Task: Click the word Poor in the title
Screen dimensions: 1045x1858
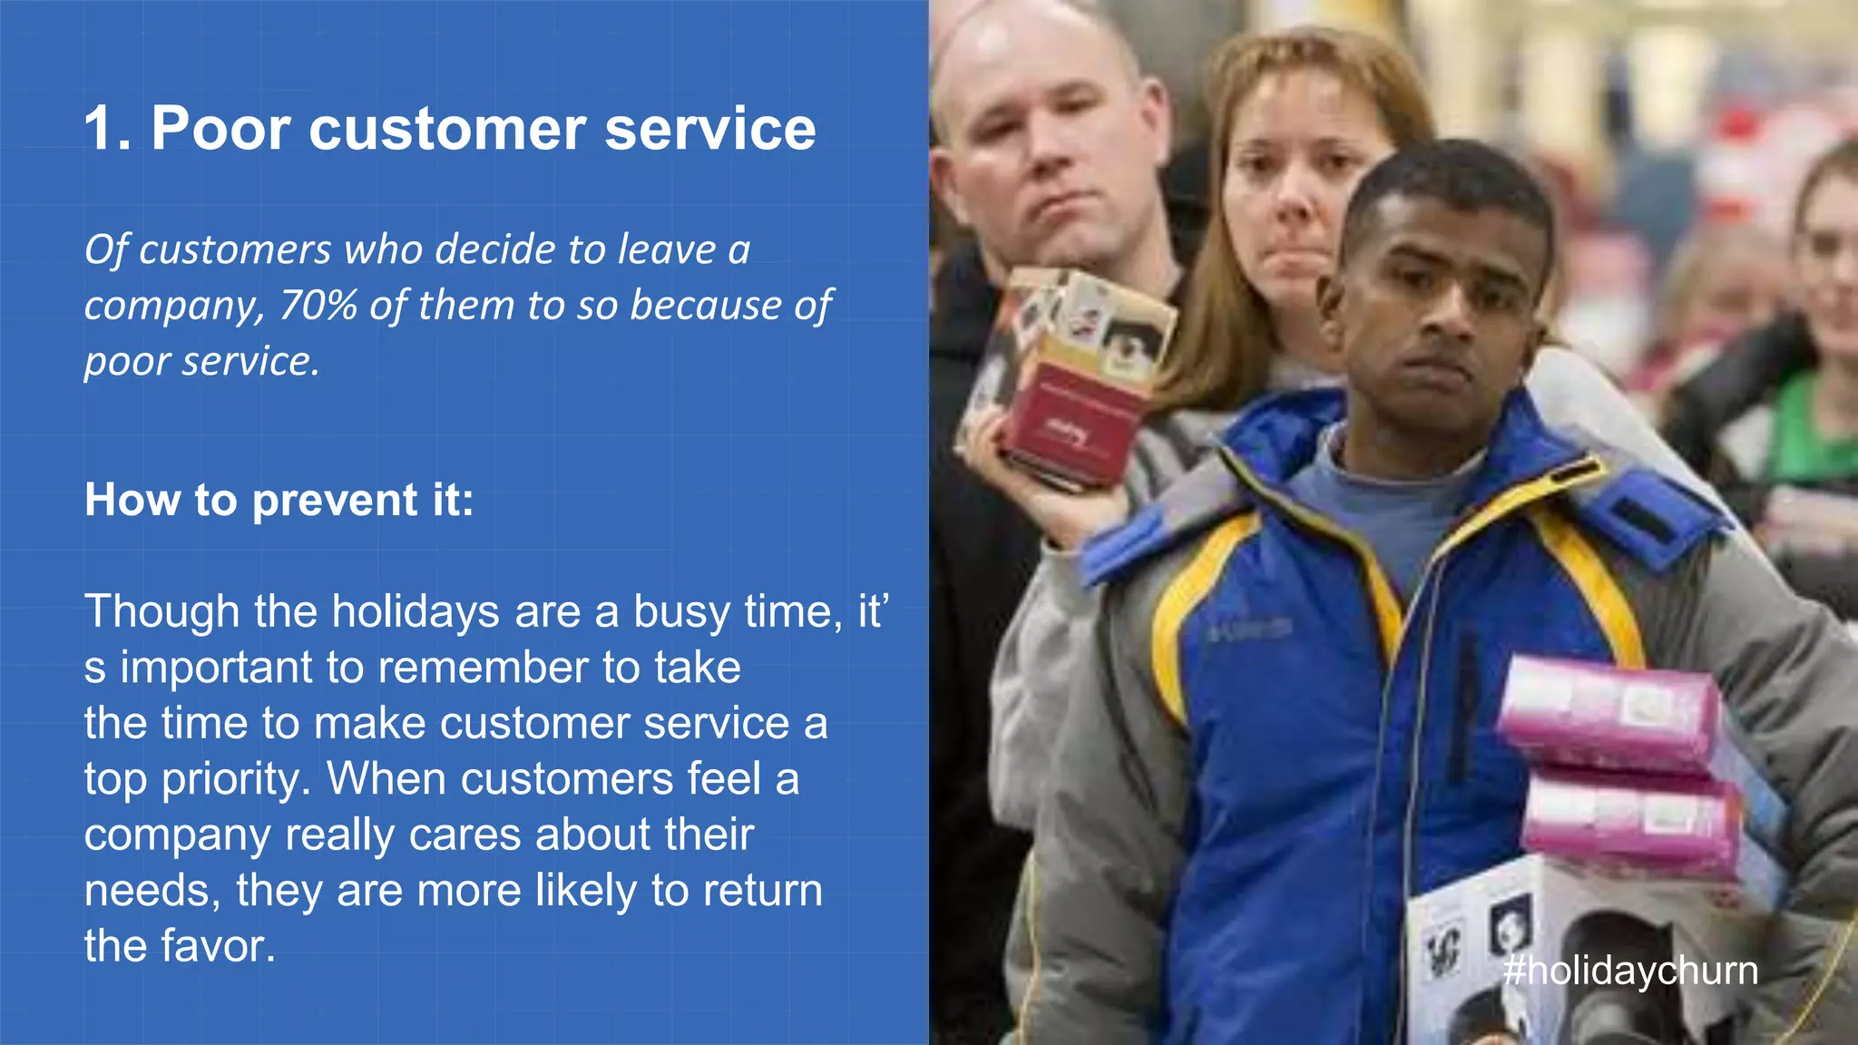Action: click(221, 128)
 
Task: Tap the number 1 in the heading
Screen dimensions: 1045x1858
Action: click(102, 128)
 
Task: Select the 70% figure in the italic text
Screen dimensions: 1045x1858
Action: click(318, 306)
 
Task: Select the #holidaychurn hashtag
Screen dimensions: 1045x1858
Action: click(1630, 971)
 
